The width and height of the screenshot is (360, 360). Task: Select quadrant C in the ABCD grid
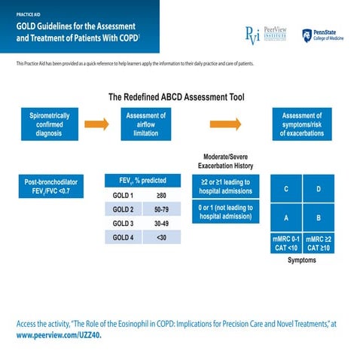(x=285, y=189)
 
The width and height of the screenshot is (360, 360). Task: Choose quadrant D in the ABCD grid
(x=319, y=189)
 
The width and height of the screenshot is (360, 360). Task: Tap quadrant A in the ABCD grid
(x=285, y=218)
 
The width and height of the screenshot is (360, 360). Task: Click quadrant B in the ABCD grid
(x=319, y=218)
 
